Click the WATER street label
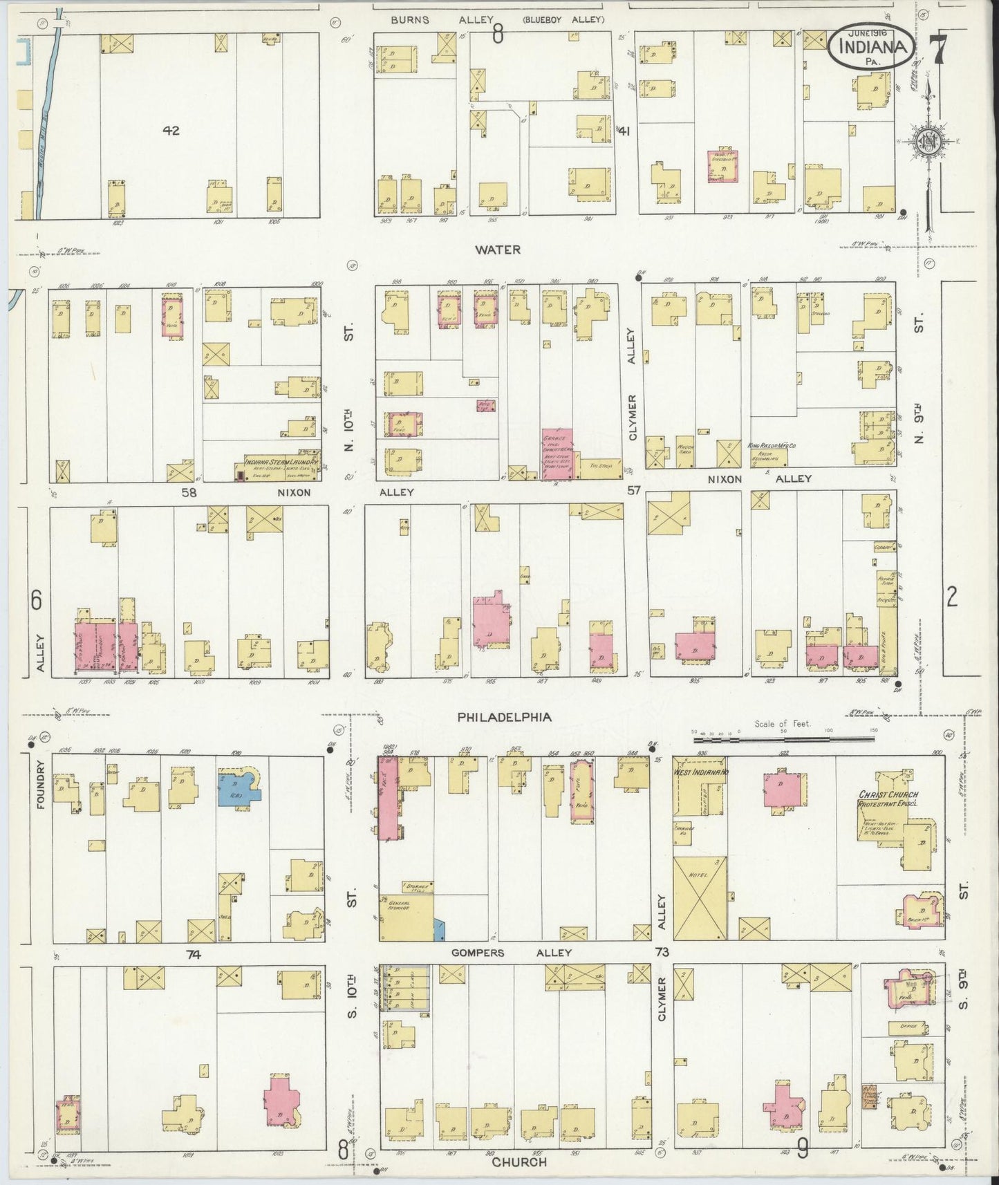[x=498, y=250]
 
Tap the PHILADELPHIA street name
[x=505, y=717]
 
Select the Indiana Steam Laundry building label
[x=281, y=461]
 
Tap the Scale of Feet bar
[x=783, y=739]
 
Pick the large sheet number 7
[x=938, y=48]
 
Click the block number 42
[x=171, y=130]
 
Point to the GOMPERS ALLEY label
[x=512, y=952]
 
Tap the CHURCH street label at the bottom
[x=519, y=1162]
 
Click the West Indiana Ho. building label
[x=701, y=771]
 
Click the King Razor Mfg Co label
[x=772, y=447]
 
